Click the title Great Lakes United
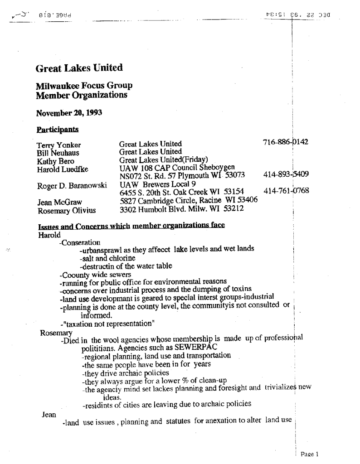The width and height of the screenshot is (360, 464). click(x=79, y=68)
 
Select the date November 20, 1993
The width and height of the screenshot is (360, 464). click(x=68, y=113)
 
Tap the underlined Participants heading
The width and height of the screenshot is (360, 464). click(x=57, y=130)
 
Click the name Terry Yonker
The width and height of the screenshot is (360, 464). click(x=58, y=145)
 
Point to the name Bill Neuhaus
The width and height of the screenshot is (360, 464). click(x=58, y=153)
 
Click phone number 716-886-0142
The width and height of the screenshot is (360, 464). click(x=285, y=142)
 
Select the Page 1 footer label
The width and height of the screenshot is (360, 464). click(x=310, y=454)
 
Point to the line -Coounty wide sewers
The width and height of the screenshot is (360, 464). click(x=95, y=275)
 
